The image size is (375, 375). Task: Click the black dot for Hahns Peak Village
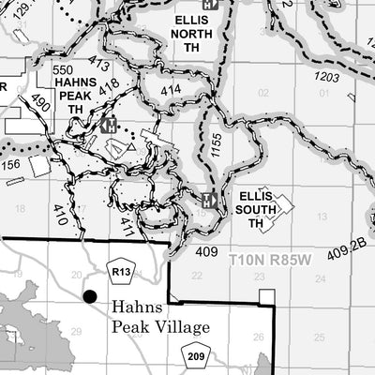coord(90,296)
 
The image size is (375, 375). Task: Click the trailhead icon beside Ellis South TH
coord(209,200)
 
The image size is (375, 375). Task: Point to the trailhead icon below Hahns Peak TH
coord(110,124)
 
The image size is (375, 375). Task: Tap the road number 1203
coord(326,76)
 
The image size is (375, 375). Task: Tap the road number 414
coord(171,90)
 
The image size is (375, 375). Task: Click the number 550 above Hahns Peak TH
coord(63,70)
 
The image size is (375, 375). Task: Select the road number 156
coord(11,165)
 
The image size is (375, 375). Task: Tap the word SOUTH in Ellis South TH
coord(257,211)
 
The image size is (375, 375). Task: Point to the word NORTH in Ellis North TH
coord(192,32)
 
